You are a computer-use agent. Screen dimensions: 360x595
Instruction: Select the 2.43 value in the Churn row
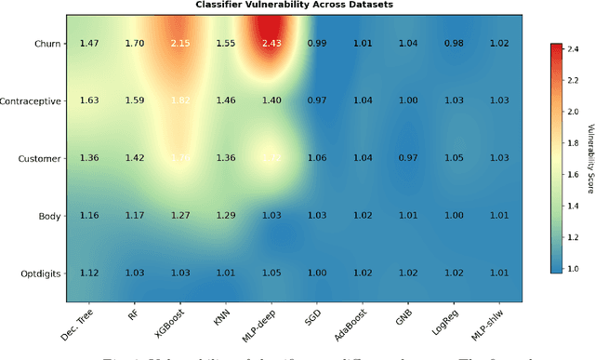coord(271,43)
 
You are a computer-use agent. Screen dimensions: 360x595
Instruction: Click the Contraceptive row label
coord(32,100)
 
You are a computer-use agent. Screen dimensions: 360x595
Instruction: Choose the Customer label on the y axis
coord(41,158)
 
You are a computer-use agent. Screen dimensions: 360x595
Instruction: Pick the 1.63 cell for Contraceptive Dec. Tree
coord(89,100)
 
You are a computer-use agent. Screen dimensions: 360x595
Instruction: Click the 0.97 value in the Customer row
coord(407,158)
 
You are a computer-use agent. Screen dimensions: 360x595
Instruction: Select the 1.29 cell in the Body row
coord(225,216)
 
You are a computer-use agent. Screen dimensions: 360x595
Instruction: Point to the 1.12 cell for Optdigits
coord(89,273)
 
